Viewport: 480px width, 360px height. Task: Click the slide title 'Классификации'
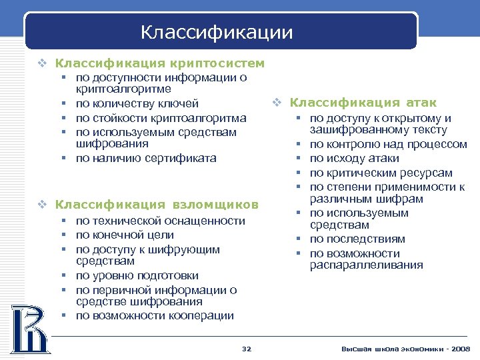pos(217,31)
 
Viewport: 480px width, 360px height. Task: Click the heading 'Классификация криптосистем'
pos(159,63)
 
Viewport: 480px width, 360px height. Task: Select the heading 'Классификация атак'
pos(363,102)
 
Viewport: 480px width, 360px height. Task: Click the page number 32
pos(246,349)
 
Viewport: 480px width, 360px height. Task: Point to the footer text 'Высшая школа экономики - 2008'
pos(405,349)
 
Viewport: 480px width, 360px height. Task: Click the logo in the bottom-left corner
pos(29,328)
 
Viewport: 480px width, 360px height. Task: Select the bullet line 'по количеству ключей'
pos(137,103)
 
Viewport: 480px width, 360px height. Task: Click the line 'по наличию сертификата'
pos(146,158)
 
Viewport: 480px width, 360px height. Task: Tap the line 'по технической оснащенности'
pos(160,221)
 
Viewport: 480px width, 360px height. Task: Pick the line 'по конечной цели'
pos(125,235)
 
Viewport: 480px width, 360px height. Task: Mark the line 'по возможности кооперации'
pos(155,316)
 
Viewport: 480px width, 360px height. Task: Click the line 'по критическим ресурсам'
pos(381,173)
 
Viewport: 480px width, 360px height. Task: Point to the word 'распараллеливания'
pos(366,265)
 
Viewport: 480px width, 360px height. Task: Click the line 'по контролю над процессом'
pos(388,144)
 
